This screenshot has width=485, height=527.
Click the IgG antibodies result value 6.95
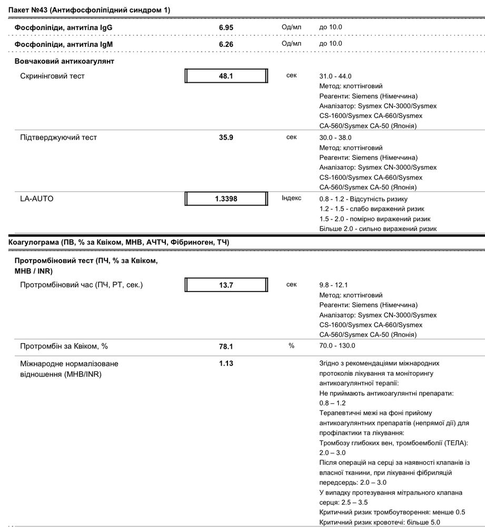[x=226, y=27]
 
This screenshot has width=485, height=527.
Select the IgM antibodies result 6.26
[x=226, y=44]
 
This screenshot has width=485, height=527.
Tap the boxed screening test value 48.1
[x=226, y=76]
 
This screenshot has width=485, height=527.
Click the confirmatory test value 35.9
[x=226, y=138]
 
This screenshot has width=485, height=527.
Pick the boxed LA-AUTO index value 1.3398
[x=226, y=199]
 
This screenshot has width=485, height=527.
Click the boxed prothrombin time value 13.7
[x=226, y=285]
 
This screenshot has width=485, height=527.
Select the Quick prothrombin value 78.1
[x=226, y=346]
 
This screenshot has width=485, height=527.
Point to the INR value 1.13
[x=226, y=364]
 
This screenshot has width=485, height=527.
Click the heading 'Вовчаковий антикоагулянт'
[x=64, y=61]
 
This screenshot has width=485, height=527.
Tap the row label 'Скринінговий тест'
[x=52, y=76]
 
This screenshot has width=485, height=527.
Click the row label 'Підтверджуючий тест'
[x=58, y=138]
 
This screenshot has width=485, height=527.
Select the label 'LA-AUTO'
[x=37, y=199]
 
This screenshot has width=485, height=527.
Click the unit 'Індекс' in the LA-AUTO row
[x=292, y=198]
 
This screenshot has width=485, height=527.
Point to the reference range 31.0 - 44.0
[x=335, y=76]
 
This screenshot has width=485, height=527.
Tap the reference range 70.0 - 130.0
[x=337, y=346]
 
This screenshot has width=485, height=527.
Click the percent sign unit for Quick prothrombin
[x=291, y=346]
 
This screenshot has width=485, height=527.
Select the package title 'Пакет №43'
[x=29, y=10]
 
